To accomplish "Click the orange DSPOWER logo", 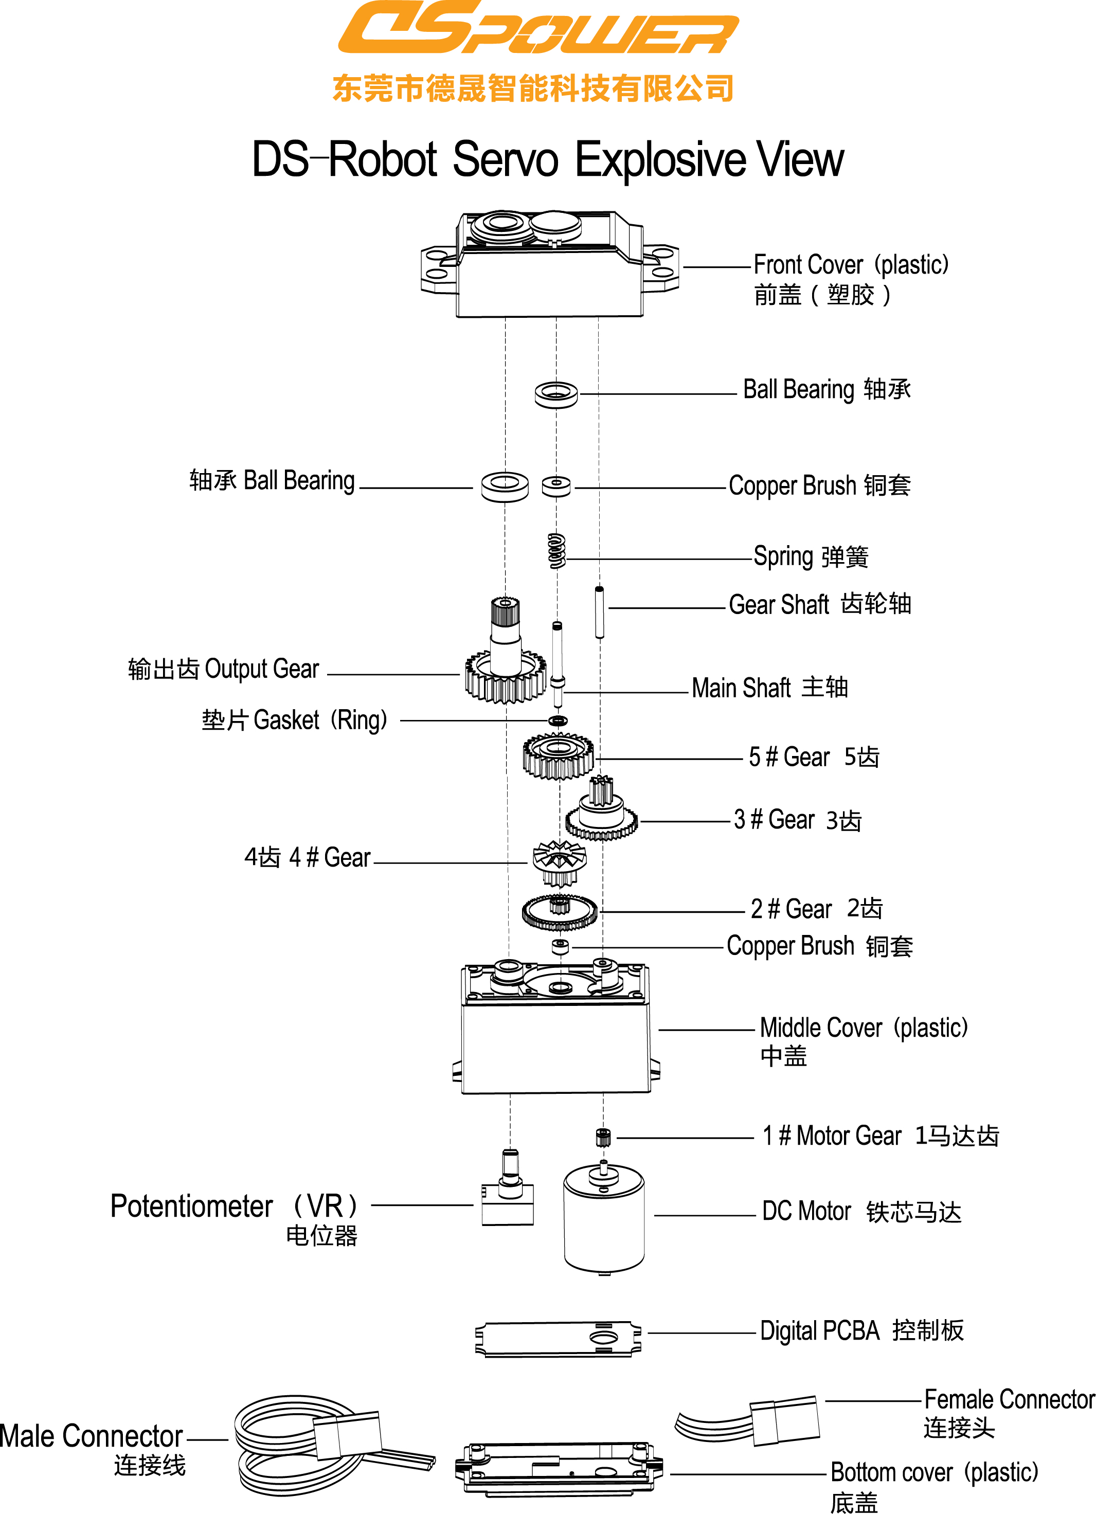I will click(538, 28).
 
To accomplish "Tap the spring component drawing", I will click(556, 551).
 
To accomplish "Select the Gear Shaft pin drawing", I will click(599, 611).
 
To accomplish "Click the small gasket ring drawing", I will click(558, 720).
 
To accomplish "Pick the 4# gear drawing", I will click(560, 862).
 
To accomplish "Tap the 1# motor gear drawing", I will click(603, 1137).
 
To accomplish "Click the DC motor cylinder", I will click(604, 1218).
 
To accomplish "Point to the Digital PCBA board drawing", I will click(558, 1339).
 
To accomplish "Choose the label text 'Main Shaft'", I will click(741, 688).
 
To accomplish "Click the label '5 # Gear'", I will click(789, 758).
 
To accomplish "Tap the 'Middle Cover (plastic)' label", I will click(863, 1028).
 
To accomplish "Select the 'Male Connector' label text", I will click(91, 1436).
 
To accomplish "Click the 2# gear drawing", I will click(560, 912).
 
